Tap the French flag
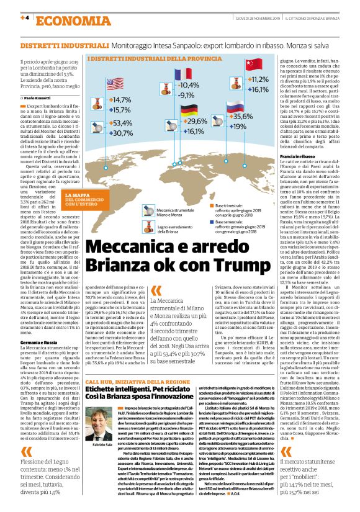[x=184, y=74]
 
